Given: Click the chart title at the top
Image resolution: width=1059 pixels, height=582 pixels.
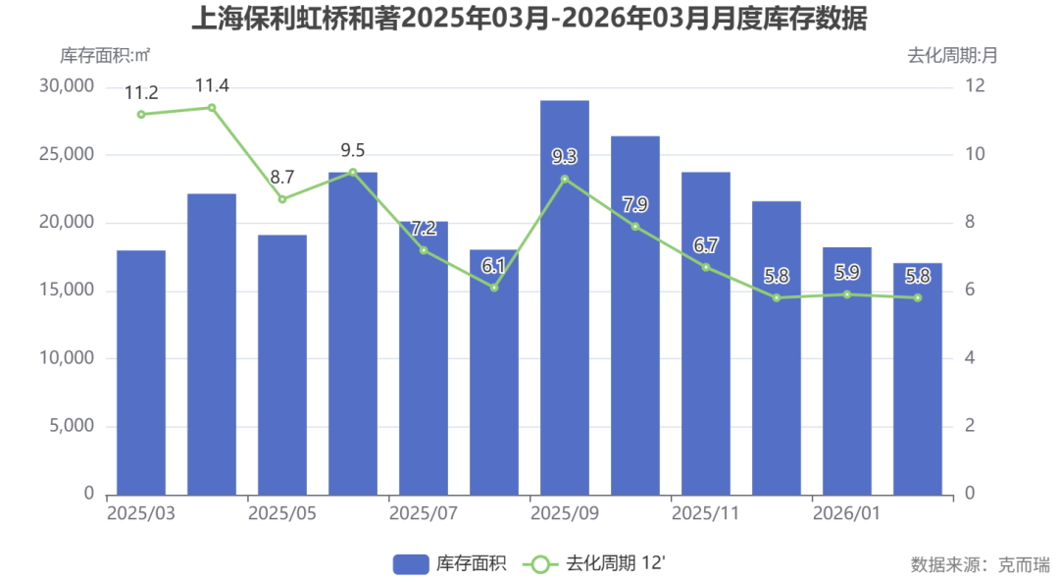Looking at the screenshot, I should coord(529,19).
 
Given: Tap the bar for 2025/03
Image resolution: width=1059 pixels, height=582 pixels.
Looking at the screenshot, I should coord(141,372).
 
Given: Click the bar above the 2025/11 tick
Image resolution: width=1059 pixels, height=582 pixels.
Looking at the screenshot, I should coord(706,333).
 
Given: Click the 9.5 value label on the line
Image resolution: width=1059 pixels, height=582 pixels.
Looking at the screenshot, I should coord(353,150).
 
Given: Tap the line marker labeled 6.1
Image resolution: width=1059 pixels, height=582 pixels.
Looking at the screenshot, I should coord(494,288).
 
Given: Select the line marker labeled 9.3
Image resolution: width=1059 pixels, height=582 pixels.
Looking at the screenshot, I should coord(565,179).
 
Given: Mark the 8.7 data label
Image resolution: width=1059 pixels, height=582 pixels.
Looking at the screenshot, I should coord(282,178).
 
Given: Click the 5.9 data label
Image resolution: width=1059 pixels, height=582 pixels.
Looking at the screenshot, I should coord(847,273).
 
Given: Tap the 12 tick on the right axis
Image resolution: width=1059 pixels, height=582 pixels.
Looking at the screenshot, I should coord(974,86).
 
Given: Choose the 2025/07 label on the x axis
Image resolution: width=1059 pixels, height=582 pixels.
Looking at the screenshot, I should coord(424,513).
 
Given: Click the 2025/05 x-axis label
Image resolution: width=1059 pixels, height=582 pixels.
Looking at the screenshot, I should coord(282,513).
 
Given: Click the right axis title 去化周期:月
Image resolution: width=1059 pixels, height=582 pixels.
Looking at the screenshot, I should coord(952,55).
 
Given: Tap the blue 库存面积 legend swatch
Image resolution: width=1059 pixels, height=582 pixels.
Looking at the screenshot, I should coord(411,563).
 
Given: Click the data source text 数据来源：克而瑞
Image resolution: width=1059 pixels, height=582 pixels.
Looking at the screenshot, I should coord(980,564).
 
